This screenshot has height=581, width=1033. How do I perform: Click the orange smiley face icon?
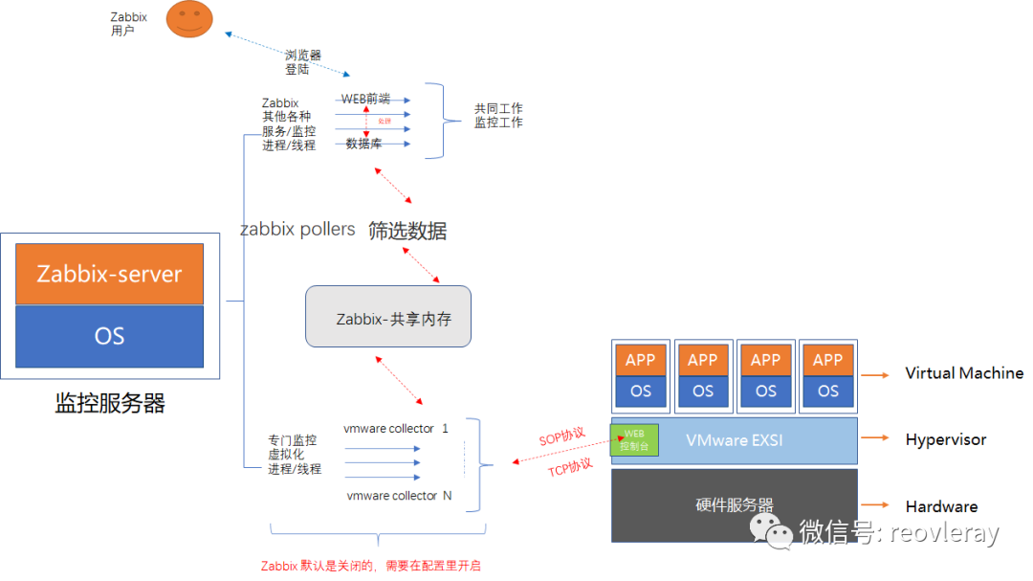click(188, 19)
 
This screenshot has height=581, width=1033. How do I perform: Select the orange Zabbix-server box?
click(109, 274)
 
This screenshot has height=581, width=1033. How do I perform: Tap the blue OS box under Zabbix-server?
click(109, 336)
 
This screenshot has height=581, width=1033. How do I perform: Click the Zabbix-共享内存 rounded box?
click(388, 317)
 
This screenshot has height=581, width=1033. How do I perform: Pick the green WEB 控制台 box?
click(634, 440)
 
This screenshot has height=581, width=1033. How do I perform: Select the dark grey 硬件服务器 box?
click(735, 505)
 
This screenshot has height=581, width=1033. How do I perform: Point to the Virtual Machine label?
click(963, 373)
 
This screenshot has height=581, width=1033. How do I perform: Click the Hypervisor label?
click(945, 440)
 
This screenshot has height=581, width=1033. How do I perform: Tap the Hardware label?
click(941, 506)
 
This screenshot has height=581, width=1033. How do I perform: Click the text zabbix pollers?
click(297, 230)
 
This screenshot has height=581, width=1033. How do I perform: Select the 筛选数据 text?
click(407, 231)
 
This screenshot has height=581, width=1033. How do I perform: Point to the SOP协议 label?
click(561, 436)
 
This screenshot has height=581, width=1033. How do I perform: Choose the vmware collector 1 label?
click(396, 428)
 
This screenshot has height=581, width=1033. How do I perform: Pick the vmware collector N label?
click(399, 496)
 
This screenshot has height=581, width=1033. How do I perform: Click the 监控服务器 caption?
click(110, 403)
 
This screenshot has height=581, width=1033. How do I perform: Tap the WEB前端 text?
click(365, 99)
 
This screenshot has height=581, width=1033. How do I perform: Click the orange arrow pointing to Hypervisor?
click(875, 440)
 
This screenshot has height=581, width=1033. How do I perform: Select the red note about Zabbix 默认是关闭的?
click(371, 566)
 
